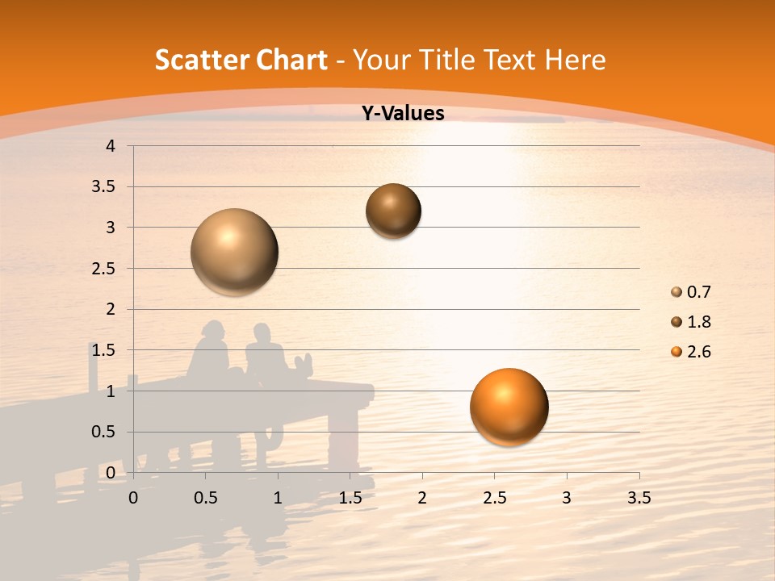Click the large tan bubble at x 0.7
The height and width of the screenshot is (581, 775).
pos(235,252)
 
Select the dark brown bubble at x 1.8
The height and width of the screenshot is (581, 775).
pos(394,211)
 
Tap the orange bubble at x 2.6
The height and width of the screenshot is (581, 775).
pos(509,407)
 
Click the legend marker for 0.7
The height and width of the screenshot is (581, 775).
pos(677,292)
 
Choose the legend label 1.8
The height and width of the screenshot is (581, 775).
pos(698,322)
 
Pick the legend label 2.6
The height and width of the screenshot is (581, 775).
pos(698,352)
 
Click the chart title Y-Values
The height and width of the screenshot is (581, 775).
pos(402,114)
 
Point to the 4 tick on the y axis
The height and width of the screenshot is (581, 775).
pos(111,146)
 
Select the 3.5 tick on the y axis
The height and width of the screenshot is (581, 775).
pos(105,186)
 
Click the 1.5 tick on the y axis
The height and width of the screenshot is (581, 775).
pos(105,350)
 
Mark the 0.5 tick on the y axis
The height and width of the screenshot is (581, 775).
pos(105,432)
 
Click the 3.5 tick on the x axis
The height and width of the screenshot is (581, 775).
pos(639,498)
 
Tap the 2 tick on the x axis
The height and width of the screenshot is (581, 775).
pos(422,498)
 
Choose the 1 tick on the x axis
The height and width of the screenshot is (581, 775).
pos(278,498)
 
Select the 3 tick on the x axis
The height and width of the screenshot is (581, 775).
pos(567,498)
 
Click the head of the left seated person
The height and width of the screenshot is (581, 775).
pos(212,332)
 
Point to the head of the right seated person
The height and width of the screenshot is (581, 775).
pos(262,333)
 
